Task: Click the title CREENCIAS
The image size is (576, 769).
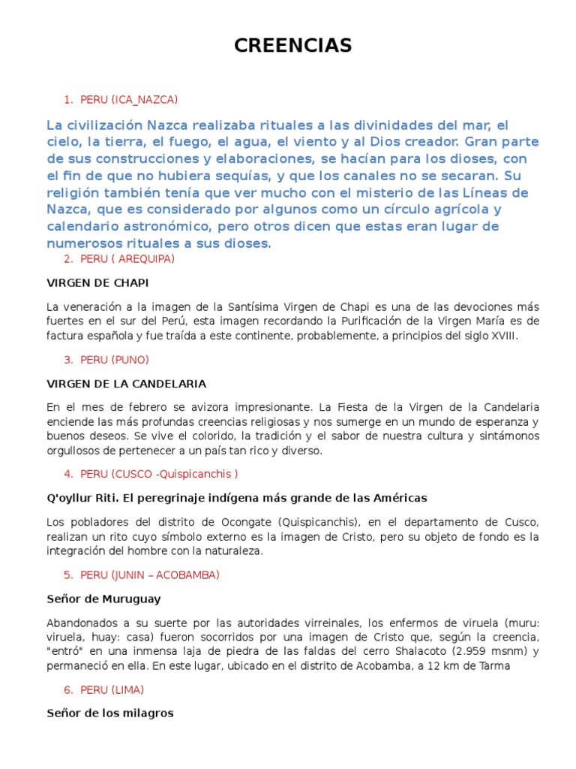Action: click(x=292, y=46)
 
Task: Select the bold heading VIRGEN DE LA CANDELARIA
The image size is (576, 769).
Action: click(x=126, y=384)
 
